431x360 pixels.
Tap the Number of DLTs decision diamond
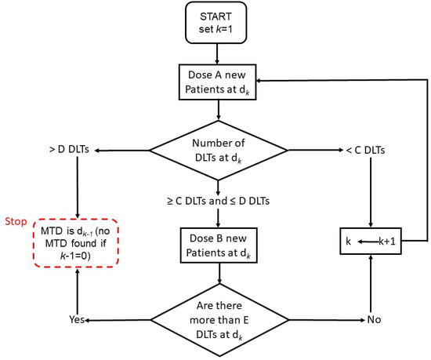pos(219,150)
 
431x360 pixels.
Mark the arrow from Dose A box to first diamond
pos(219,110)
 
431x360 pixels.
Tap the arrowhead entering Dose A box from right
pos(265,78)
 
